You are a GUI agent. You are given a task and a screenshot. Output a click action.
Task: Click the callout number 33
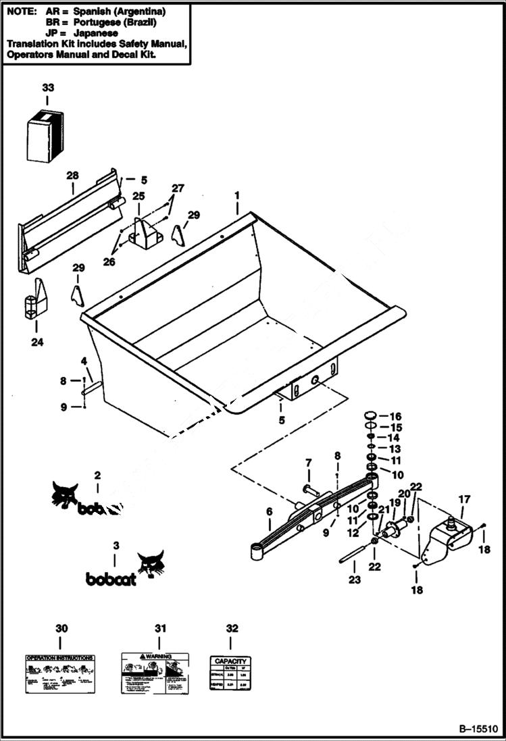[x=47, y=88]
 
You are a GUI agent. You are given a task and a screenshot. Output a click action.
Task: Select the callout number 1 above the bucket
[x=237, y=195]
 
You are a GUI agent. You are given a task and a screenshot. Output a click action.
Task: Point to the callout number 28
[x=73, y=176]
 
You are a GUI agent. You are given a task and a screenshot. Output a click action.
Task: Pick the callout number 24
[x=36, y=342]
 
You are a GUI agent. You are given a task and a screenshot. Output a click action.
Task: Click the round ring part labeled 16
[x=371, y=415]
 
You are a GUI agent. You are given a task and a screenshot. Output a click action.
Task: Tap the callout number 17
[x=464, y=499]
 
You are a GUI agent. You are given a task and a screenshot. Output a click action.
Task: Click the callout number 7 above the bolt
[x=309, y=463]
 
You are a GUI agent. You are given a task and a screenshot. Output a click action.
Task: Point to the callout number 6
[x=269, y=512]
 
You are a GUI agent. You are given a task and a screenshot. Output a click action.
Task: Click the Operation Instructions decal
[x=59, y=673]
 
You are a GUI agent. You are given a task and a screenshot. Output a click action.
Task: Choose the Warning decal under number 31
[x=155, y=673]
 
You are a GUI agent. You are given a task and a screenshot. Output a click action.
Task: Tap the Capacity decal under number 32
[x=231, y=673]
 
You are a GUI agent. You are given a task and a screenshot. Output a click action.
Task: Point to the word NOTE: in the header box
[x=20, y=11]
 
